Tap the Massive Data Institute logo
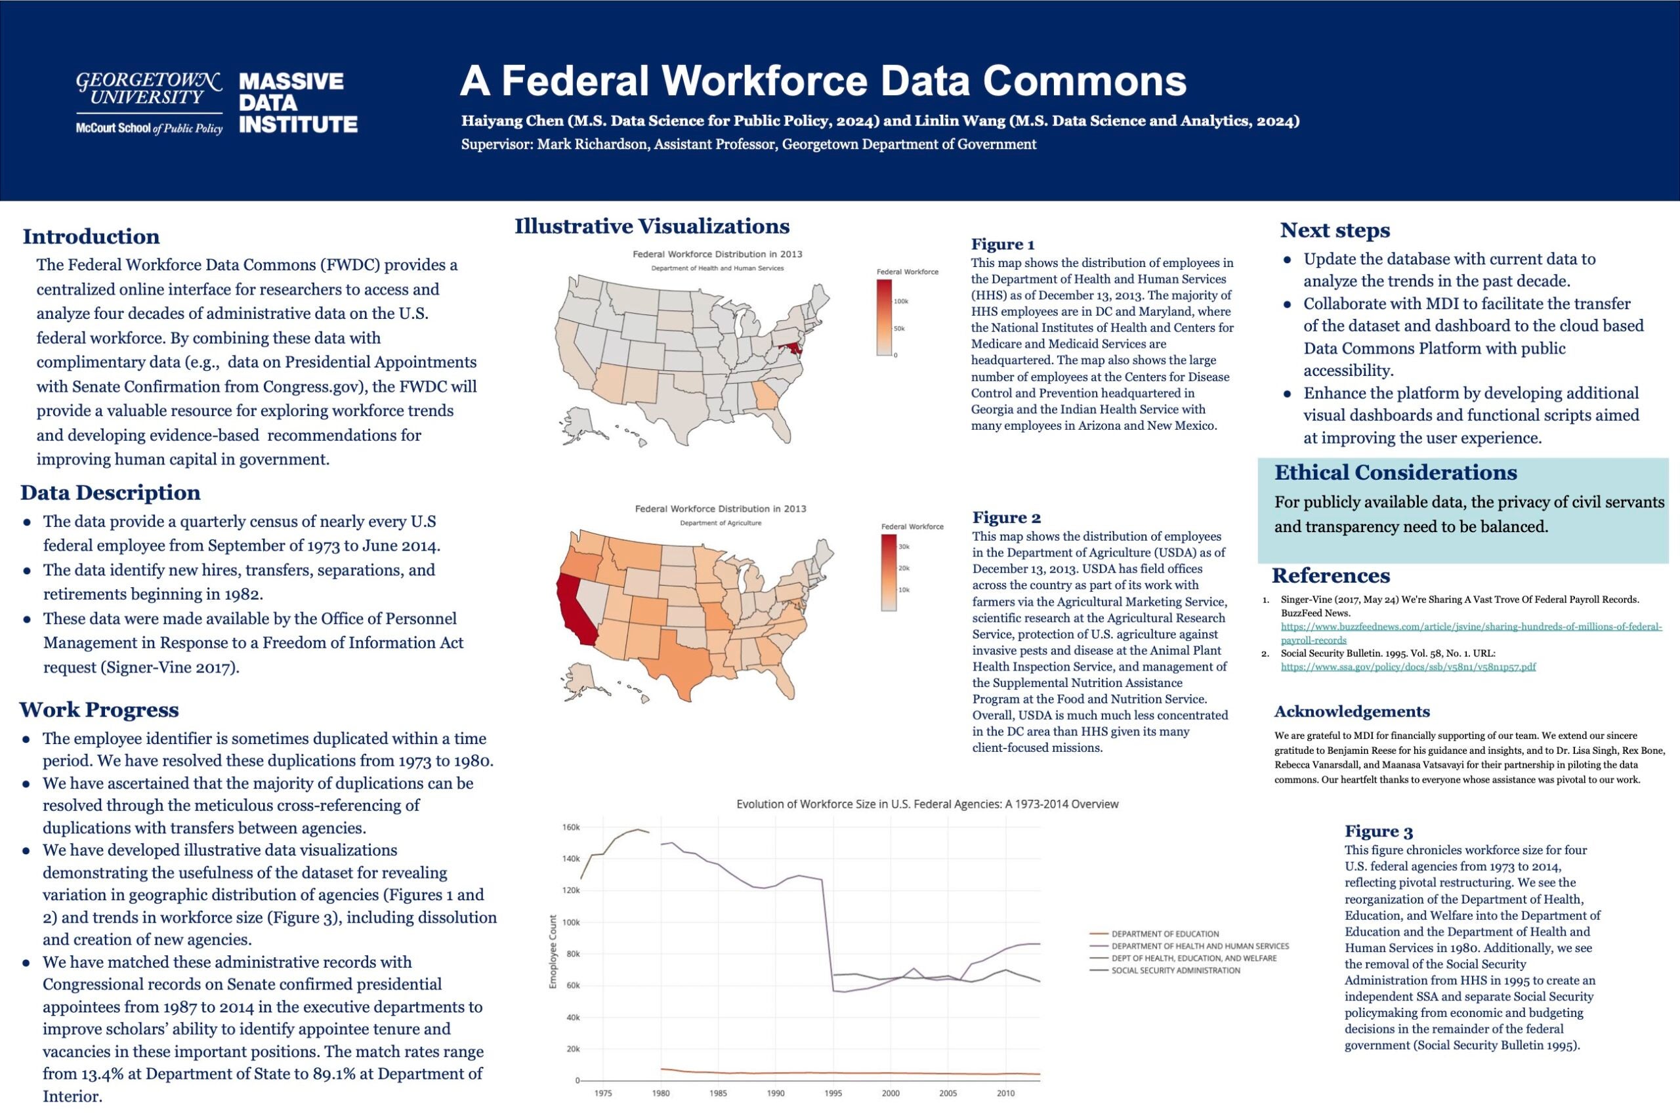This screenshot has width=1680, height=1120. pos(297,103)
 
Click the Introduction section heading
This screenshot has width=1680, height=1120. pos(91,236)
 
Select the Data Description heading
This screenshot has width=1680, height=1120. pos(110,492)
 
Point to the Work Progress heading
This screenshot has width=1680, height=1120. pos(98,709)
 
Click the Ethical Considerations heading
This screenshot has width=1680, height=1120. pos(1396,472)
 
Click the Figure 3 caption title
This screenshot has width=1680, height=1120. pos(1379,831)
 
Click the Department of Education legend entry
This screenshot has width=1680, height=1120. pos(1164,934)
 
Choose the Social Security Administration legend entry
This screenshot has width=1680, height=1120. pos(1175,970)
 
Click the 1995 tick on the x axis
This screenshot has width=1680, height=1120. pos(833,1093)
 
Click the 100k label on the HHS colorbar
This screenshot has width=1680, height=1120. pos(901,301)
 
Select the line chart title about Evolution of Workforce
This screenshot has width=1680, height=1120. pos(927,804)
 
